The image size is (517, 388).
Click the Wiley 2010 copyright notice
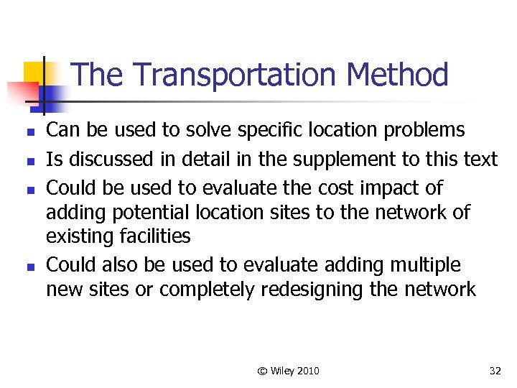click(288, 371)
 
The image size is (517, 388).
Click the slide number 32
click(495, 371)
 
